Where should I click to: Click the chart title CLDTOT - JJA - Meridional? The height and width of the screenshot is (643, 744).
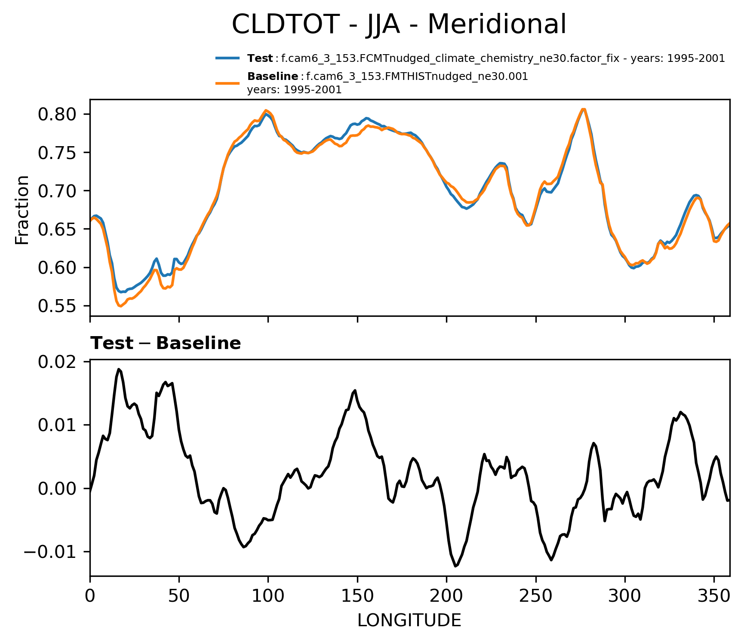tap(399, 24)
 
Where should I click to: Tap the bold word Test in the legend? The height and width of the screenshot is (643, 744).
tap(260, 58)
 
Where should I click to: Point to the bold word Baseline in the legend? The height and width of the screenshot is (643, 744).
tap(273, 77)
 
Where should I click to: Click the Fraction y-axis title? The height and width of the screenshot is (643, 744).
tap(22, 210)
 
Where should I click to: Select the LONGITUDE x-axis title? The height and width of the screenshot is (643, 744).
tap(409, 620)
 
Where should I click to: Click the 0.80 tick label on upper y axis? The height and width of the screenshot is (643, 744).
tap(57, 114)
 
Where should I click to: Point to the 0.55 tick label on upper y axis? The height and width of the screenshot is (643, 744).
tap(57, 306)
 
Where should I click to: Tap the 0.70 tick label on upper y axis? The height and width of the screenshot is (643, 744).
tap(57, 191)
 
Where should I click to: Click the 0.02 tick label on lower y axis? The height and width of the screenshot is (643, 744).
tap(57, 362)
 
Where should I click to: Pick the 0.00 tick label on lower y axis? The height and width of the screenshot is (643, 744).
tap(57, 489)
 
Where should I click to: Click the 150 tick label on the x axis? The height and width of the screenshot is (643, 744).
tap(357, 596)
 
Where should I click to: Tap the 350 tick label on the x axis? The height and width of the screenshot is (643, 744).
tap(714, 596)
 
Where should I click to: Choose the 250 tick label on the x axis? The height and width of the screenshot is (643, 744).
tap(535, 596)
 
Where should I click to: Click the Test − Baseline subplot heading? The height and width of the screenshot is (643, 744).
tap(166, 343)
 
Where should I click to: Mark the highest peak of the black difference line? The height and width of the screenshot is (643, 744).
tap(119, 369)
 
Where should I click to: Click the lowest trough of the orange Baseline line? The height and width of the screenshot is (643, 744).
tap(120, 306)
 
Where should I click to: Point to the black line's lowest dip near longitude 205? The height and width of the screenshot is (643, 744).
tap(455, 566)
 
